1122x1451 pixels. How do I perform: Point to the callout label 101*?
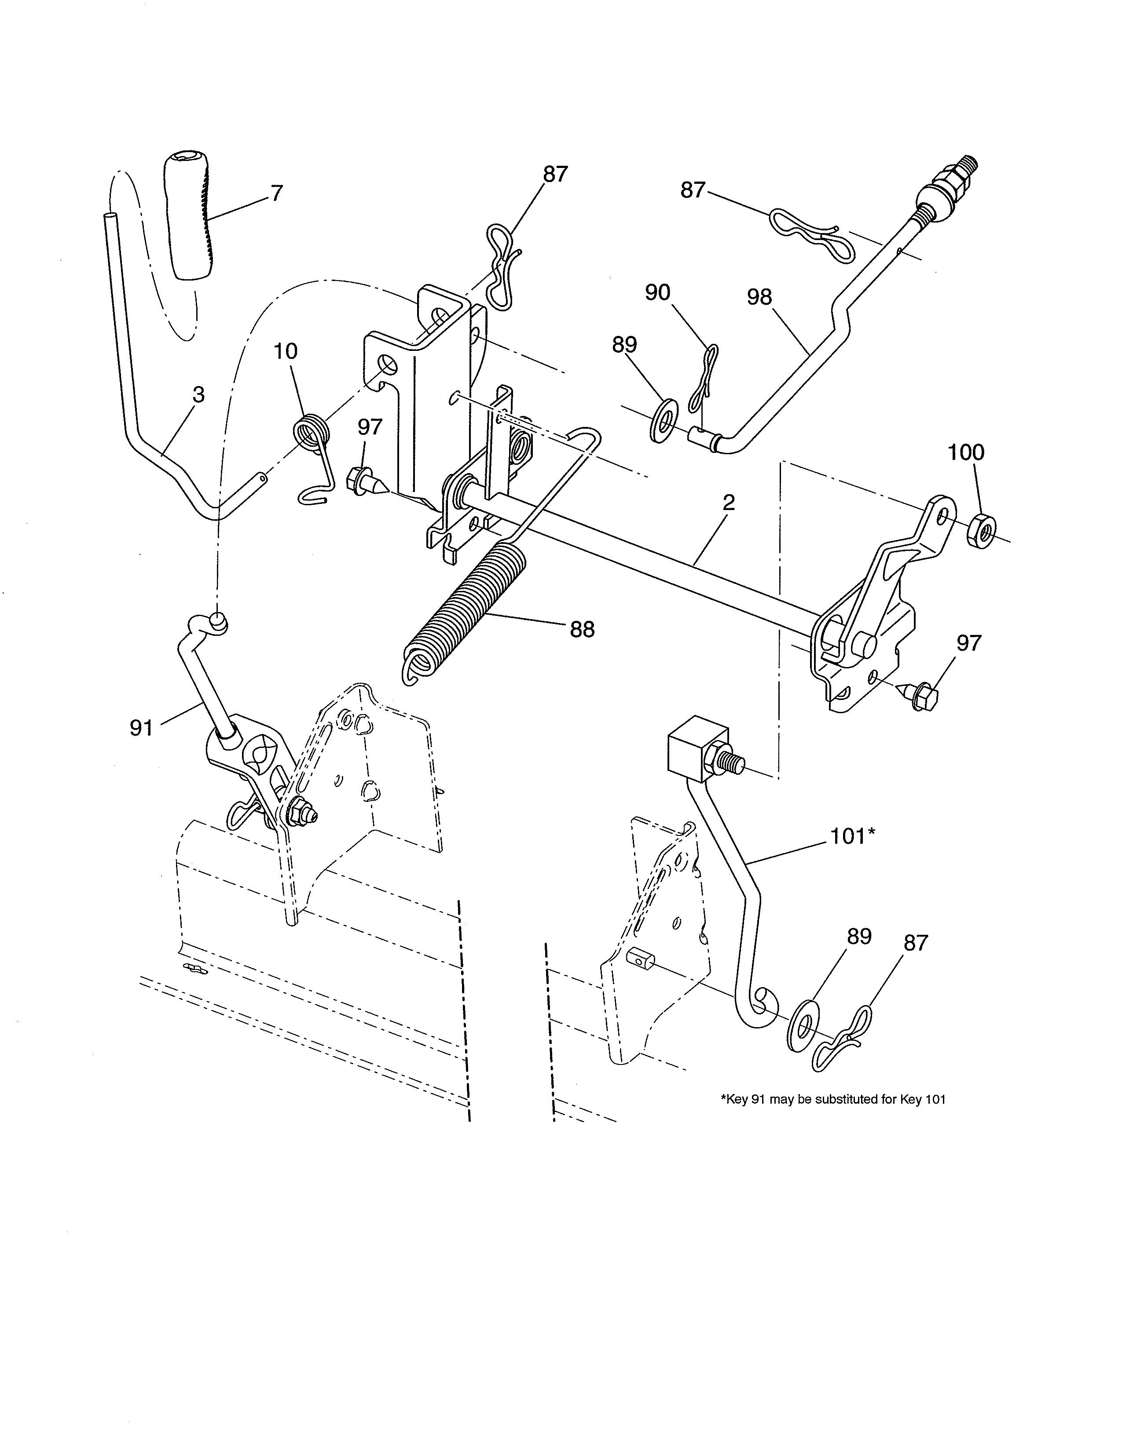[853, 836]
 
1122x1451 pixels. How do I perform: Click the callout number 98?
[759, 296]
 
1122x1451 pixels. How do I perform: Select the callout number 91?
[141, 728]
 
